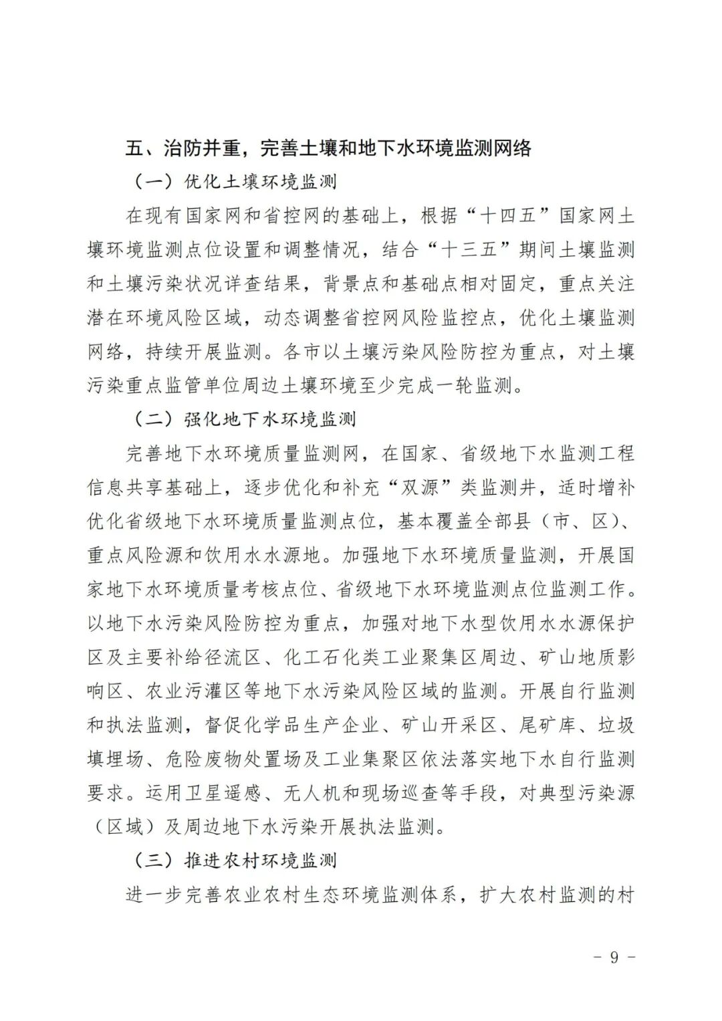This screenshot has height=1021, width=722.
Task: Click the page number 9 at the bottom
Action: click(x=614, y=957)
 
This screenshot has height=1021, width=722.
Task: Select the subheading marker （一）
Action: click(x=153, y=182)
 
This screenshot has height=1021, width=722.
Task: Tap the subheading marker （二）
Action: click(x=153, y=420)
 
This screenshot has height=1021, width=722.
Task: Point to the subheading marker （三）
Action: click(x=153, y=861)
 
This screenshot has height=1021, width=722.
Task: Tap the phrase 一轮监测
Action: click(x=475, y=386)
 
